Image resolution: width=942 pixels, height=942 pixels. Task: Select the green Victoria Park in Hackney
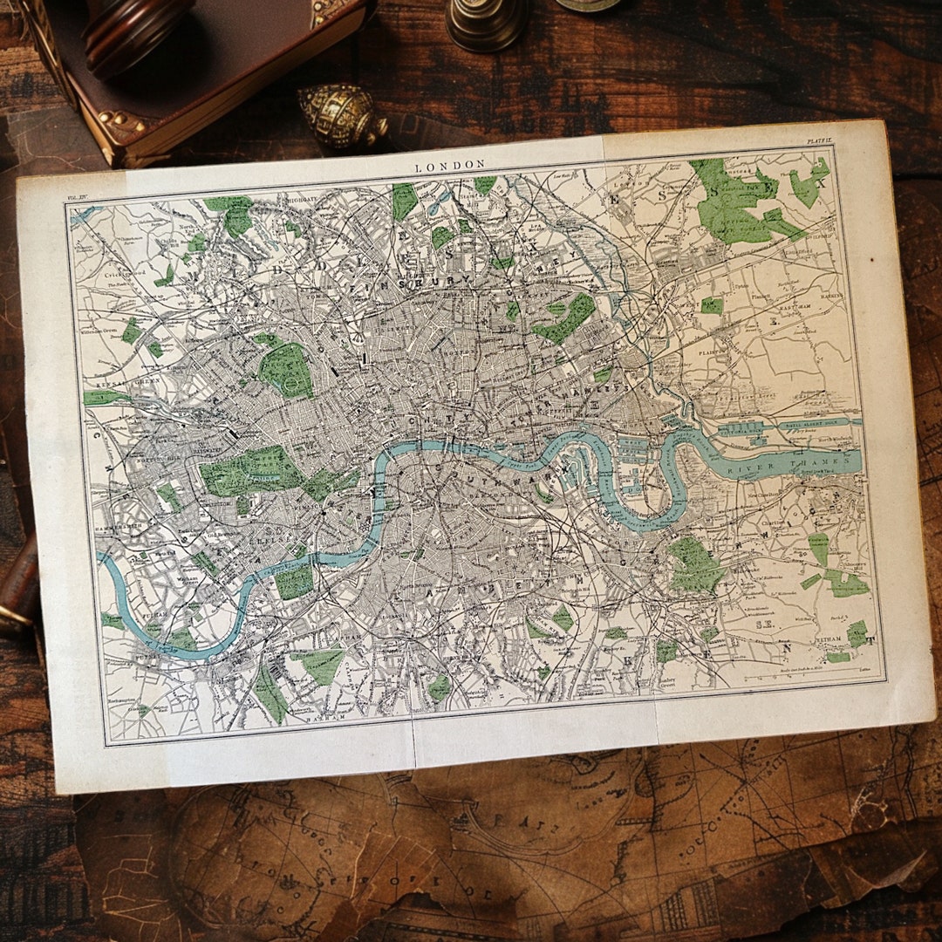tap(566, 317)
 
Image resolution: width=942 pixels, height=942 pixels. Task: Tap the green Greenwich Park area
tap(695, 565)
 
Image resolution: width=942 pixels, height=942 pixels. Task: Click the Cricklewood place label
tap(119, 276)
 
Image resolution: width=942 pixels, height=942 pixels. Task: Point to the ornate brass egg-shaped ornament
tap(343, 115)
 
